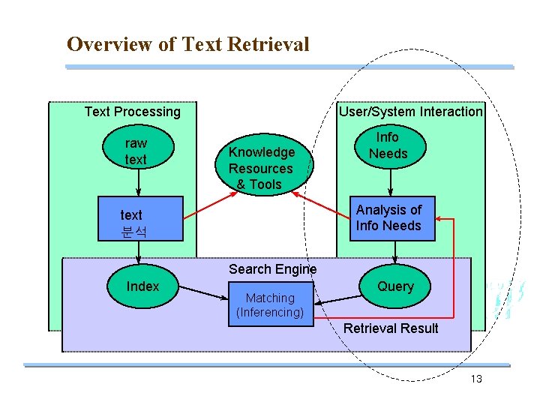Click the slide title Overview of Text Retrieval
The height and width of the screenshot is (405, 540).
(x=187, y=44)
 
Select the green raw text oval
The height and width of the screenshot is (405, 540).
(x=136, y=151)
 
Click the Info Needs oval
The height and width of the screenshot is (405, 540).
(x=388, y=145)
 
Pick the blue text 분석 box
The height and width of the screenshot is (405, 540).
(x=141, y=219)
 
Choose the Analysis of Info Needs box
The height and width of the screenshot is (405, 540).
(x=388, y=218)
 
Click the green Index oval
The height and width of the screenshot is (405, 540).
(x=142, y=286)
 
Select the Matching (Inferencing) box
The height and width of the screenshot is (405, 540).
(x=270, y=305)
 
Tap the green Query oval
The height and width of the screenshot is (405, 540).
(x=394, y=286)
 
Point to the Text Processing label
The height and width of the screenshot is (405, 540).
(x=132, y=112)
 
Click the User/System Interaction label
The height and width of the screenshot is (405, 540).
(x=411, y=112)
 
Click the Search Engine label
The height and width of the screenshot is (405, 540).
(x=272, y=268)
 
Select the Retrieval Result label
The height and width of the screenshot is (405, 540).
(x=391, y=328)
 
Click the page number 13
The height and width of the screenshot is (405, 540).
(x=476, y=379)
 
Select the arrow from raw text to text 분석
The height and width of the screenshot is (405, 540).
(x=136, y=182)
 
